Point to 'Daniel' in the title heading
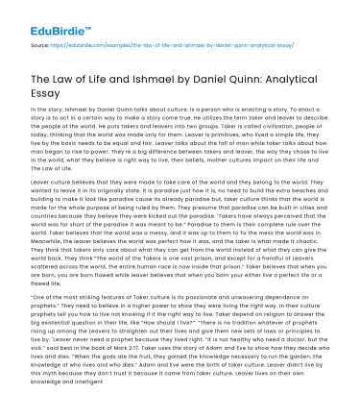227,79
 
